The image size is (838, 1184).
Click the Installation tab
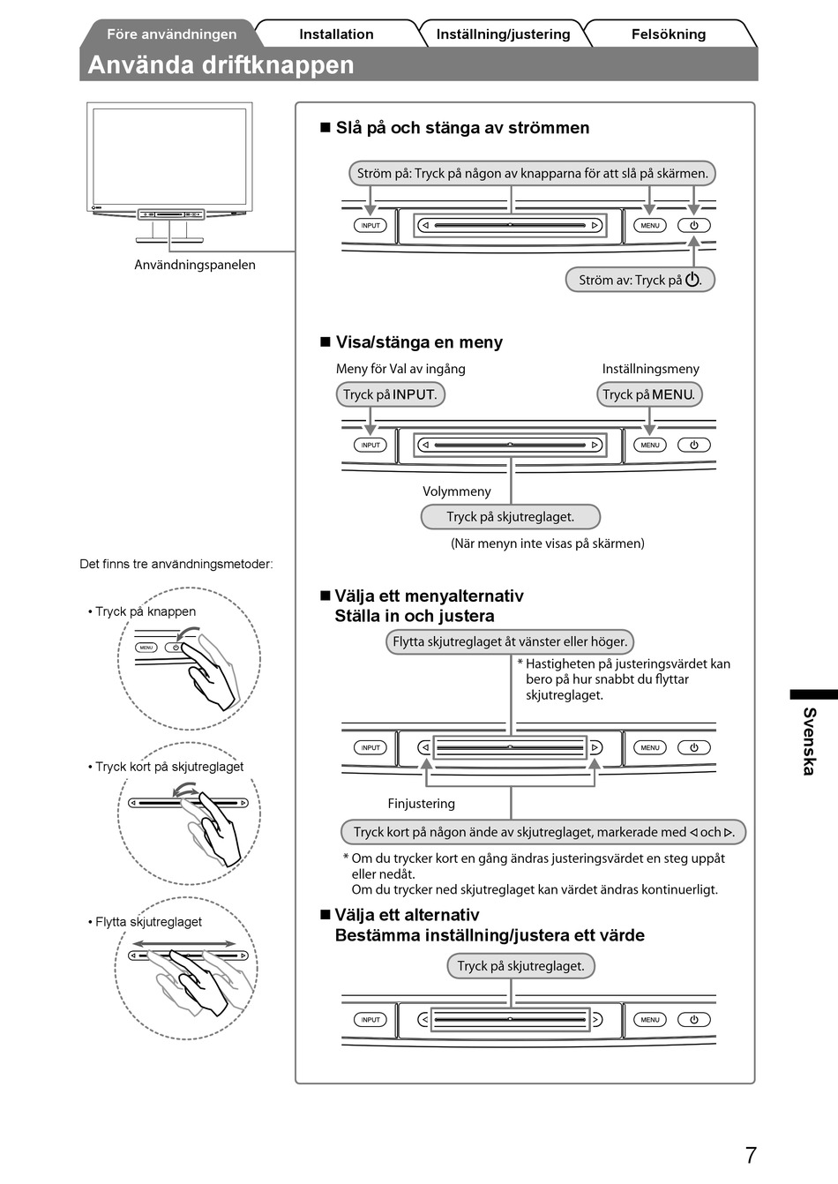coord(336,34)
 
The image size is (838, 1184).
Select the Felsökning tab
coord(668,34)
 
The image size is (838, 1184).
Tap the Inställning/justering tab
coord(503,34)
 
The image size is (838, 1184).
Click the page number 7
coord(751,1155)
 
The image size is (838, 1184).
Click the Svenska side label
coord(809,740)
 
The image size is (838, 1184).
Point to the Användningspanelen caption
coord(195,265)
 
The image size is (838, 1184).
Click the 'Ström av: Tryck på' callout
coord(640,280)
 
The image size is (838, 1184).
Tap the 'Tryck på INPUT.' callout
coord(390,394)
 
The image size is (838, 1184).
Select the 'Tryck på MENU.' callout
coord(649,394)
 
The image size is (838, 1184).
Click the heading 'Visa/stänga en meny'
coord(419,342)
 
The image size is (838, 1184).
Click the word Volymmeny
coord(457,491)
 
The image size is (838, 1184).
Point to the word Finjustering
coord(422,804)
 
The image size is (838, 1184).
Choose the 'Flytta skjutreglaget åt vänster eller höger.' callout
coord(510,641)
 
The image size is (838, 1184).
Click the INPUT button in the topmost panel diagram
coord(370,225)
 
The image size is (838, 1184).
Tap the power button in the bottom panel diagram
coord(693,1019)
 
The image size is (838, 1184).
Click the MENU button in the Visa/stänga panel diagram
coord(650,445)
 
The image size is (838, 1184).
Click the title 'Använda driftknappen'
coord(221,65)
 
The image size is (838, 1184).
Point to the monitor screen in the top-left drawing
coord(169,156)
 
